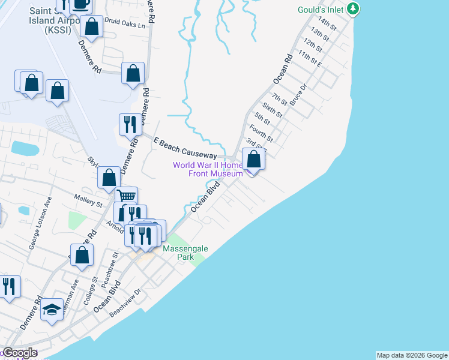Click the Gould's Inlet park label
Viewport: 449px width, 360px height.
[322, 10]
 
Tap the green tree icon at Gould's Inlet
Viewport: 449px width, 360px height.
[354, 8]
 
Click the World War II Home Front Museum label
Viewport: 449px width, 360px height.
[208, 169]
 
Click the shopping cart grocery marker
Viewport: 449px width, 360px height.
[126, 197]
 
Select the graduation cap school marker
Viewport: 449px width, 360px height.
[52, 310]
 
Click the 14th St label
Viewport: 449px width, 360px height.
[328, 25]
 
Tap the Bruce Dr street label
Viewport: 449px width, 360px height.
[298, 95]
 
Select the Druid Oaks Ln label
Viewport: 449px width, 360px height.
[125, 26]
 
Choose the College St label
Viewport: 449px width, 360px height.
[90, 292]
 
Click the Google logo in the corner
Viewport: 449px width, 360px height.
[20, 353]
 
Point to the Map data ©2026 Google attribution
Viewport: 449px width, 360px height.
[412, 355]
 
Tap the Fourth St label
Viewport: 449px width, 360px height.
[261, 134]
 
